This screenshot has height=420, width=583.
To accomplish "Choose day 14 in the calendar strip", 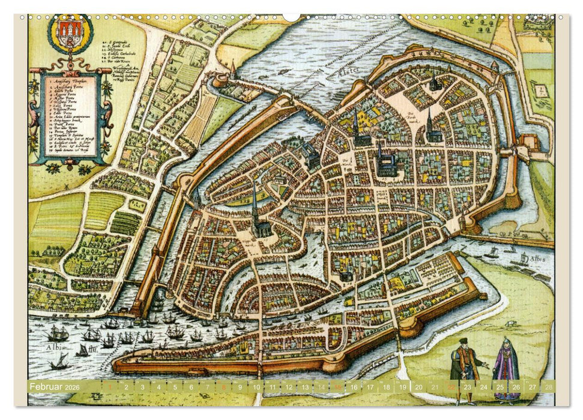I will point(321,387).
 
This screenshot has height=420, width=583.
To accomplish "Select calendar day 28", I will point(547,387).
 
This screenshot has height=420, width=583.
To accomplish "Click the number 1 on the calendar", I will point(110,387).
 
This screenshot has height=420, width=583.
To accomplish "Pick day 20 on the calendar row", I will point(418,387).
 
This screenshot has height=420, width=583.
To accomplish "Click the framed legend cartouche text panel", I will point(71,114).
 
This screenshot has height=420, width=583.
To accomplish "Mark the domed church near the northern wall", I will point(433,83).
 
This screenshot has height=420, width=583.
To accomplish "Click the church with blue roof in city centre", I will point(386,162).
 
